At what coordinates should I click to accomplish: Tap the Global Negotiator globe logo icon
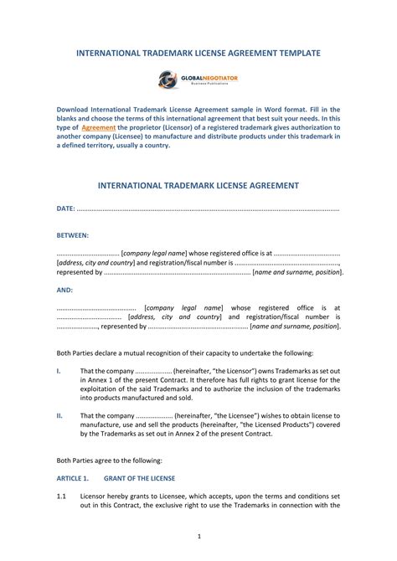click(x=167, y=80)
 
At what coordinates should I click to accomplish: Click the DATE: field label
click(x=65, y=208)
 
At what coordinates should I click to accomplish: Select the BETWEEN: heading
click(x=73, y=236)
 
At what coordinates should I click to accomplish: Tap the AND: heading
click(x=64, y=290)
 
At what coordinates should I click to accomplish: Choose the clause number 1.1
click(x=61, y=496)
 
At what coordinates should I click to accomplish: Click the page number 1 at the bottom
click(x=198, y=536)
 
